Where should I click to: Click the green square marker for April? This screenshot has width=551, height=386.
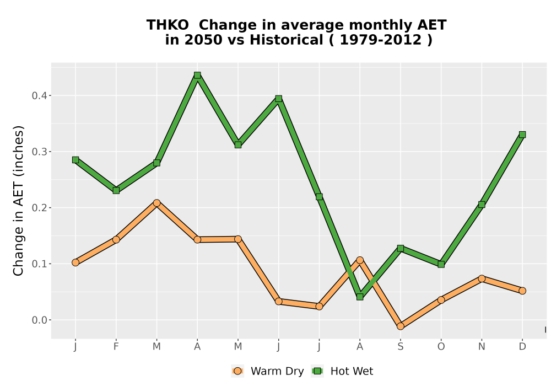pos(197,75)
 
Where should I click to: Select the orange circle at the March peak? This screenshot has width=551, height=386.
pos(156,203)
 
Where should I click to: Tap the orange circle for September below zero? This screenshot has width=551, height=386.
pos(400,326)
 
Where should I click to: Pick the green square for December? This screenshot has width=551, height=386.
pos(522,135)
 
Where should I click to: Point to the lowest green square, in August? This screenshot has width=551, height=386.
pos(360,297)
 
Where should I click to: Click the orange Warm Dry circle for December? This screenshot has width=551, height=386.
pos(522,291)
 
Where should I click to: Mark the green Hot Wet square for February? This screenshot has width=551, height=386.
pos(116,191)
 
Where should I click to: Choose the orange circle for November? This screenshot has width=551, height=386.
pos(482,279)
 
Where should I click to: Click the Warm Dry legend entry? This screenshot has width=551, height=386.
pos(267,371)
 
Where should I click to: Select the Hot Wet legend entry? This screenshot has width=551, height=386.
pos(342,371)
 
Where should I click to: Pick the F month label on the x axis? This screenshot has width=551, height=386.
pos(116,347)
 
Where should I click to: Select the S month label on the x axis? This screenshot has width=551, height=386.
pos(400,347)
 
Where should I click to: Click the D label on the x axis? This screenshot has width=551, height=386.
pos(522,347)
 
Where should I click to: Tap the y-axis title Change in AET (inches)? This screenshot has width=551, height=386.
pos(18,201)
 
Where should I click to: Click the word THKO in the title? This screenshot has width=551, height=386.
pos(168,25)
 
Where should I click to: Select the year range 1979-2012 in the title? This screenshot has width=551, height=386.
pos(381,40)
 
